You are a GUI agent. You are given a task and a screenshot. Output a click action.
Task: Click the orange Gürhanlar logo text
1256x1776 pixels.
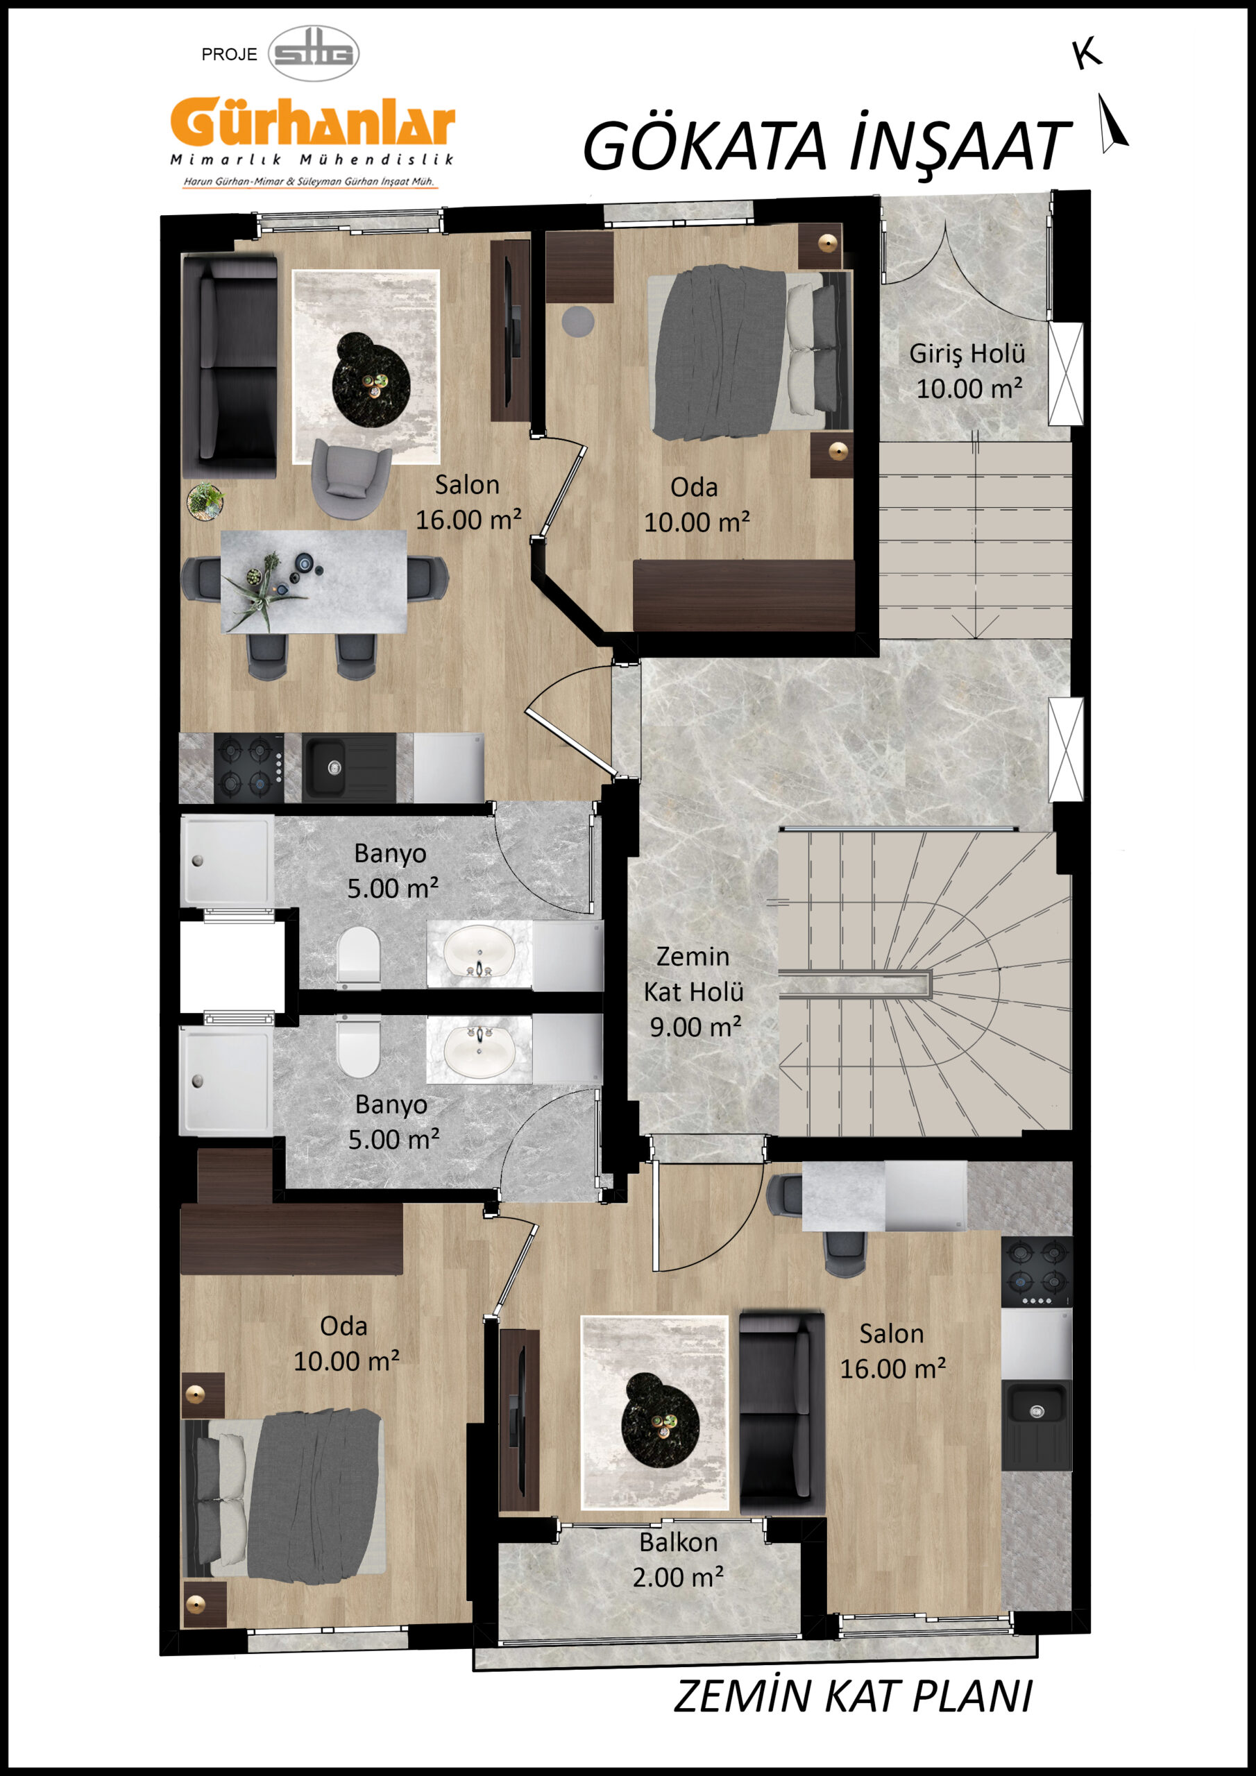point(313,122)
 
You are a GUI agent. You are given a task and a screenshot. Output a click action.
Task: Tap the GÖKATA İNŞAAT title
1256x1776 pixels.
point(826,146)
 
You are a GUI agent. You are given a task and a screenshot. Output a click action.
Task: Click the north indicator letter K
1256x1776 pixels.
point(1087,53)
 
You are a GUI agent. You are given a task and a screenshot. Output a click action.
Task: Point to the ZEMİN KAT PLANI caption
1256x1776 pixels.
point(853,1696)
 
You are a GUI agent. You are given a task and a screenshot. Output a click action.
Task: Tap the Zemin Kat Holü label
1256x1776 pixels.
point(693,991)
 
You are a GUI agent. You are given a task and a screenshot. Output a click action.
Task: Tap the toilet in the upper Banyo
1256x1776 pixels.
point(359,958)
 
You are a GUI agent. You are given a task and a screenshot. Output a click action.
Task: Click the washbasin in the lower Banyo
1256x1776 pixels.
point(479,1049)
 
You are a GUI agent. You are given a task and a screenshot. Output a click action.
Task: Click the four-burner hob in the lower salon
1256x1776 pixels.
point(1037,1272)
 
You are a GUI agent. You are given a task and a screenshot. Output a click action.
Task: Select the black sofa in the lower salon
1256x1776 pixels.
point(781,1412)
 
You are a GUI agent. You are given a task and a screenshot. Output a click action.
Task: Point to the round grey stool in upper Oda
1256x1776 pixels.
point(577,321)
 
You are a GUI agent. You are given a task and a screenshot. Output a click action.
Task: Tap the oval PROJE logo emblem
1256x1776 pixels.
point(314,53)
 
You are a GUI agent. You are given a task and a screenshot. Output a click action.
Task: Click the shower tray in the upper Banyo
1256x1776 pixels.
point(227,860)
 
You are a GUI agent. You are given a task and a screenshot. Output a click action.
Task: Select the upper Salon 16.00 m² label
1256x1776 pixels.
point(468,502)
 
